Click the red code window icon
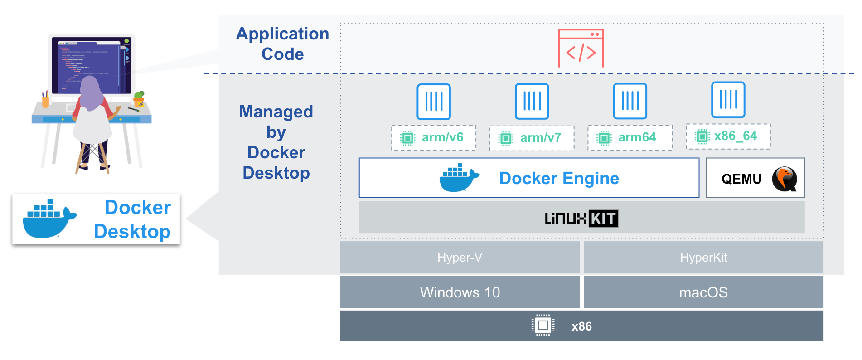(x=581, y=49)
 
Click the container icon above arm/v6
(x=434, y=102)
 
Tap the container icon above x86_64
(x=728, y=100)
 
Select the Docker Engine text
(x=559, y=178)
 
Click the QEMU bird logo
(x=785, y=179)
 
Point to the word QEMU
(x=741, y=179)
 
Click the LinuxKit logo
(x=581, y=219)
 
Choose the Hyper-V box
(x=460, y=258)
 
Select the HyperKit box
(x=703, y=258)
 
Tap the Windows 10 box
(x=460, y=292)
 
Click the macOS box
(x=703, y=292)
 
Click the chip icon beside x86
(x=542, y=326)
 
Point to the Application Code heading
(x=282, y=44)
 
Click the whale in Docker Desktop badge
(x=49, y=219)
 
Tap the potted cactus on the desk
(x=139, y=98)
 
